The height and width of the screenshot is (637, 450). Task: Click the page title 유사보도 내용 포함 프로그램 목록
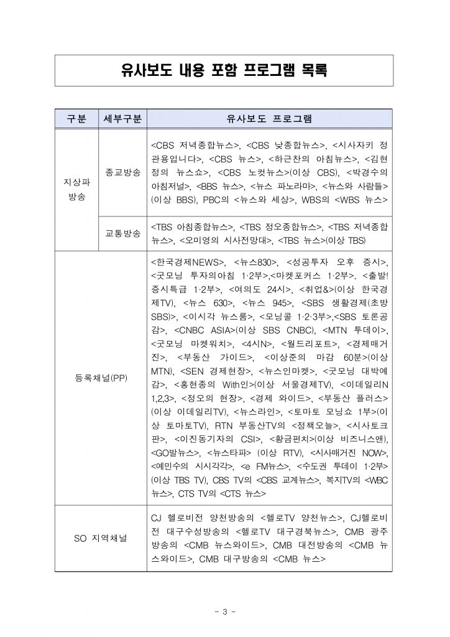224,70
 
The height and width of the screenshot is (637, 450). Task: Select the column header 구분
76,118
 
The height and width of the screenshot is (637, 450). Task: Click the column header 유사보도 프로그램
269,118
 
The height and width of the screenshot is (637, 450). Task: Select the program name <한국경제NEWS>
188,262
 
